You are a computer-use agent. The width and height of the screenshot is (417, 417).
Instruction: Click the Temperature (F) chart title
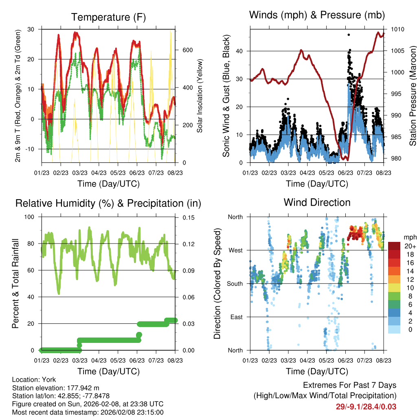click(x=108, y=17)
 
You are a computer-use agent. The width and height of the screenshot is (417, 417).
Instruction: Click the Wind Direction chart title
click(x=317, y=202)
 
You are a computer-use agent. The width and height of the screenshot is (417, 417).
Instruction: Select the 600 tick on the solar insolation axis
click(x=187, y=50)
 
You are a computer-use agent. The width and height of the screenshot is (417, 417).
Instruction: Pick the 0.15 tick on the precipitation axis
click(x=188, y=217)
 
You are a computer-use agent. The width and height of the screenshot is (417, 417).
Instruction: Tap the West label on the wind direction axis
click(x=235, y=250)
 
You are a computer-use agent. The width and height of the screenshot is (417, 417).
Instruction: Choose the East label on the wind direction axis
click(x=236, y=317)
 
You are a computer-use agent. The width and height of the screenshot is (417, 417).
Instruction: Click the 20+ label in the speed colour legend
click(x=408, y=246)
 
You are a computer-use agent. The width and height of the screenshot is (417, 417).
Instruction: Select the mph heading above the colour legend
click(x=408, y=237)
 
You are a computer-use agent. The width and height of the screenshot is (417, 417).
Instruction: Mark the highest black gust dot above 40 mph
click(x=349, y=35)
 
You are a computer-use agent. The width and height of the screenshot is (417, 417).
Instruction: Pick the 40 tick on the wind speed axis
click(x=240, y=51)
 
